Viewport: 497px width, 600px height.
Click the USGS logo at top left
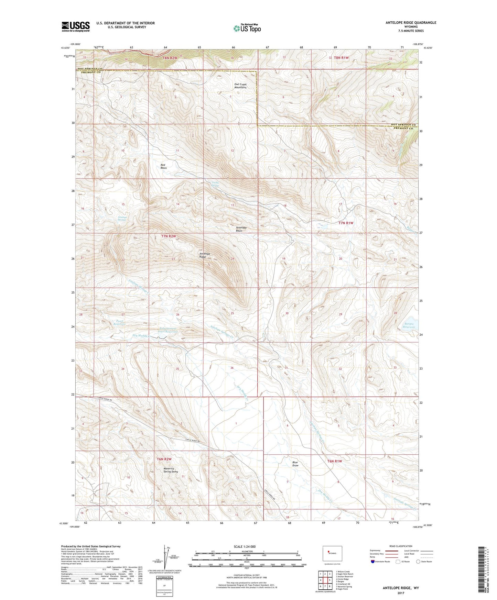(76, 26)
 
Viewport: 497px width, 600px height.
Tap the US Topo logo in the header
(247, 28)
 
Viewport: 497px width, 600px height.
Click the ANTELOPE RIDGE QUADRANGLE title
(411, 23)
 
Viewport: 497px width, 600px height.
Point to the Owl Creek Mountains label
(240, 86)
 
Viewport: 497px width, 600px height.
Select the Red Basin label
(164, 166)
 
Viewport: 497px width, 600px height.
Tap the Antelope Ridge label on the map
(205, 255)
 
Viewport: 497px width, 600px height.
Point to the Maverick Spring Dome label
(171, 470)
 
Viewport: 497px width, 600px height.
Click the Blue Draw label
(295, 464)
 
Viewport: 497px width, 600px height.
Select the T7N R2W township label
(169, 236)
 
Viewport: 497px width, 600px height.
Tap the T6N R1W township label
(335, 461)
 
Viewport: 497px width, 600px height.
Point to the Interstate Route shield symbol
(373, 562)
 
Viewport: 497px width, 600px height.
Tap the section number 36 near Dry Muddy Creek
(232, 368)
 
